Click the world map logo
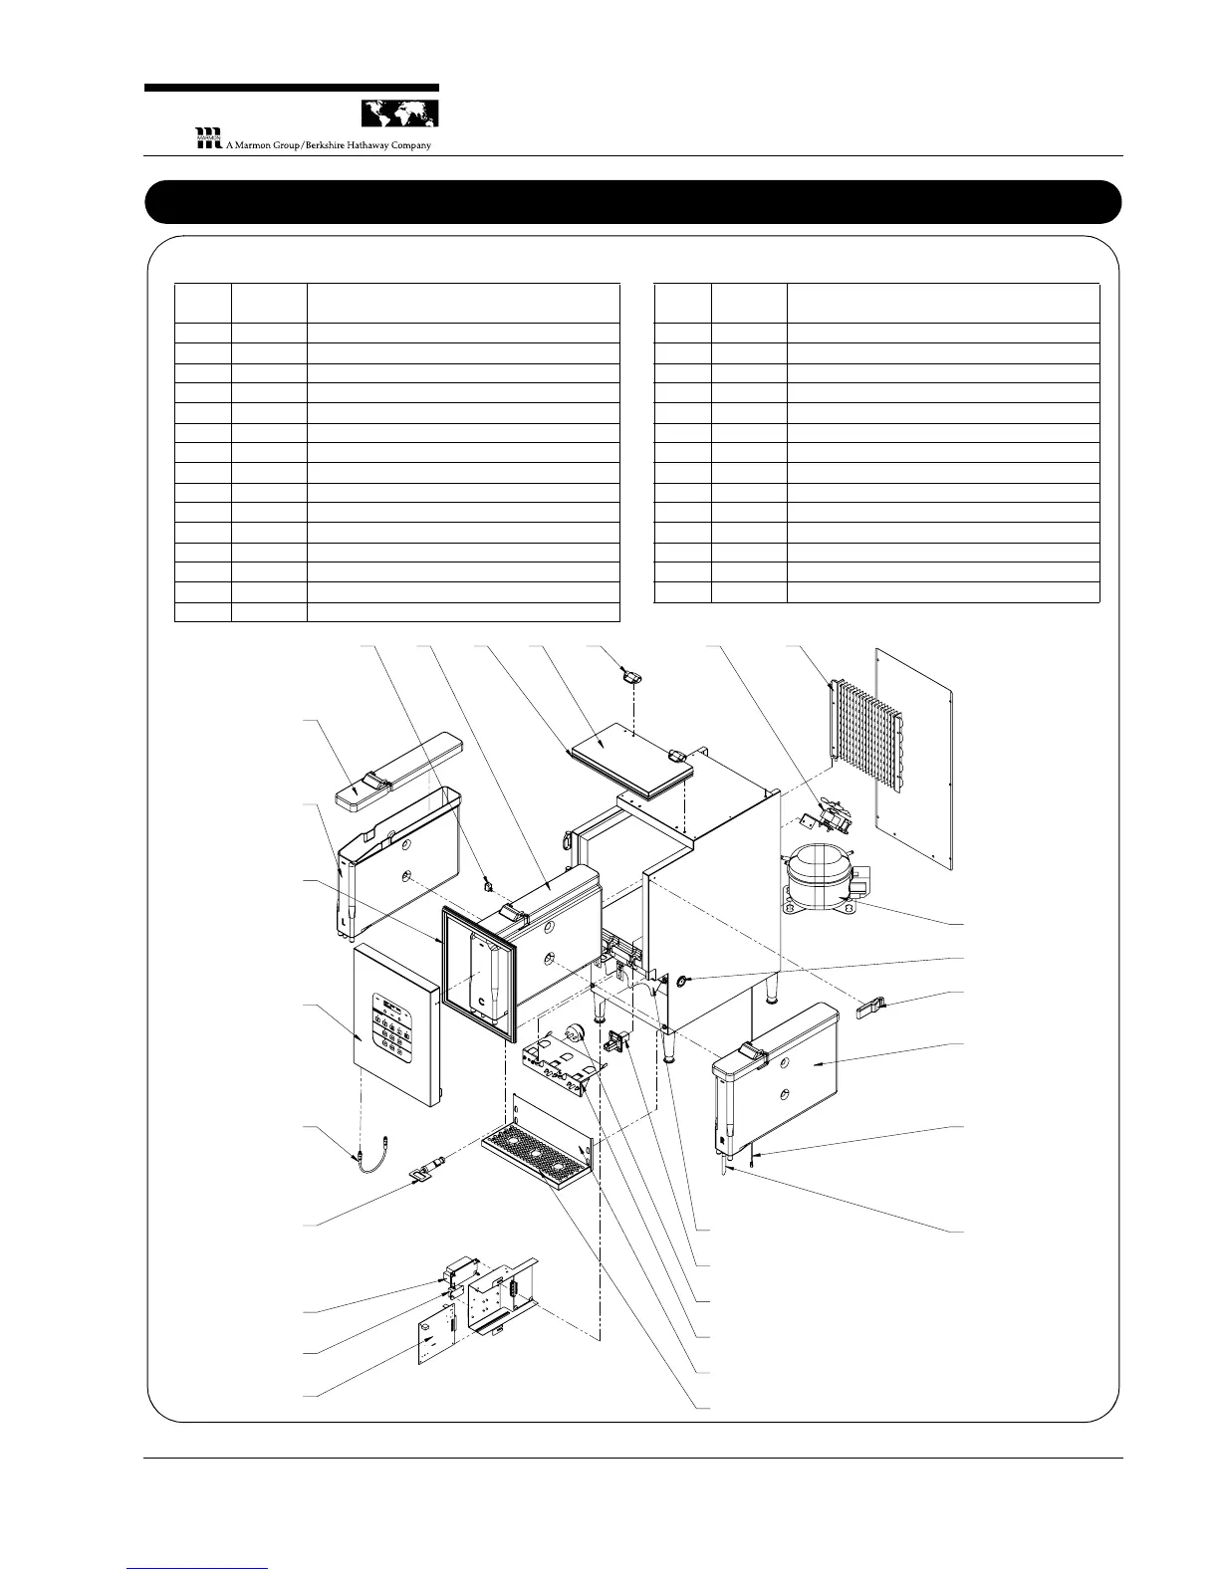(398, 113)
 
